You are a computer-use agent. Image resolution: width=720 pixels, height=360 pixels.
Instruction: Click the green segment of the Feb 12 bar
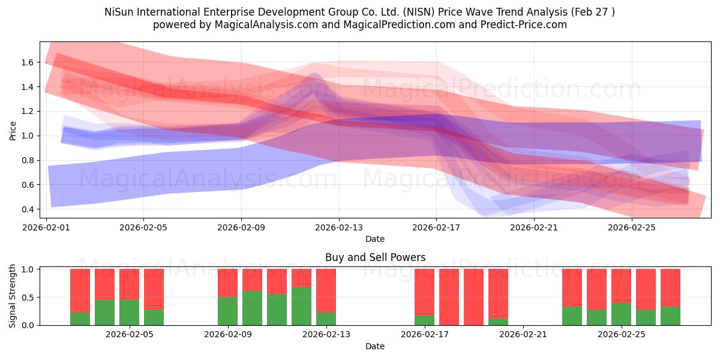pos(301,306)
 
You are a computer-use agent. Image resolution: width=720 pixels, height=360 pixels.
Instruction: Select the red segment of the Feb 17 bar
pos(424,292)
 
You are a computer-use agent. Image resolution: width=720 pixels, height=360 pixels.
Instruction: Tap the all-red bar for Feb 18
pos(449,297)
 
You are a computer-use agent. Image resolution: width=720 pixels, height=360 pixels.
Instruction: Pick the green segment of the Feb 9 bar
pos(228,311)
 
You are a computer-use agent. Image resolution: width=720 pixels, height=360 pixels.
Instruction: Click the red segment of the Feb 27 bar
pos(671,287)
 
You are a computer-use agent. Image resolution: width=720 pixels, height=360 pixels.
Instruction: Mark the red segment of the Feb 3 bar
pos(105,284)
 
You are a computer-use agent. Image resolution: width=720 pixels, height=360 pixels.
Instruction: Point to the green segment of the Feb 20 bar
pos(498,322)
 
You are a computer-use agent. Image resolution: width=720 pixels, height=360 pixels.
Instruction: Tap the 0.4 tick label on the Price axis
pos(28,209)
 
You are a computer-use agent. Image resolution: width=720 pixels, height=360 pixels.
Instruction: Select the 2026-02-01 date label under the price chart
pos(46,227)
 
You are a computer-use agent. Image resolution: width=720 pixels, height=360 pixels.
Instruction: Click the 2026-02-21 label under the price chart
pos(534,227)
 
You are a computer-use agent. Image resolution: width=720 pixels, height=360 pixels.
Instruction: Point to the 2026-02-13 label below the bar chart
pos(326,335)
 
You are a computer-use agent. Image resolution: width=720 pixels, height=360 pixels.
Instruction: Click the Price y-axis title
pos(13,131)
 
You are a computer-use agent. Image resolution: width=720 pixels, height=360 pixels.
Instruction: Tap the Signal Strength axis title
pos(12,296)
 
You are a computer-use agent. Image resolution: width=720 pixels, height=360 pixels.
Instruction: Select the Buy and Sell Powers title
pos(375,257)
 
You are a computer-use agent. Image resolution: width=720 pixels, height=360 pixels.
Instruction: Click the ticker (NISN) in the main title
pos(419,12)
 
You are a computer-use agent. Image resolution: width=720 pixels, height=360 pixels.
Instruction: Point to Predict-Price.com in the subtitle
pos(524,25)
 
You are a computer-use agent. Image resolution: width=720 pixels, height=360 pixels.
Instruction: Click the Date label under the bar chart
pos(375,346)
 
